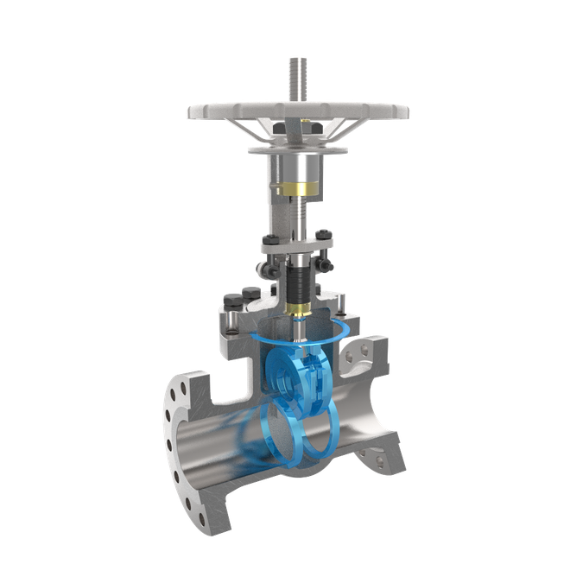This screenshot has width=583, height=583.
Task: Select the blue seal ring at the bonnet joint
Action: [345, 332]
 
